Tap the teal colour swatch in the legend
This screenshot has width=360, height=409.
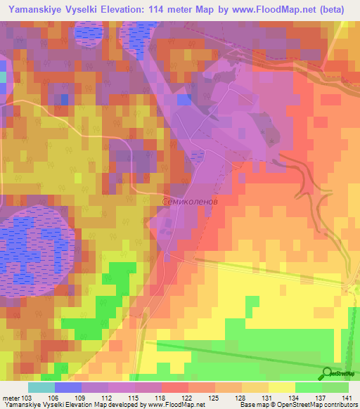click(41, 387)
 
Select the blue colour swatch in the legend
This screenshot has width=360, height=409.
click(67, 387)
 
